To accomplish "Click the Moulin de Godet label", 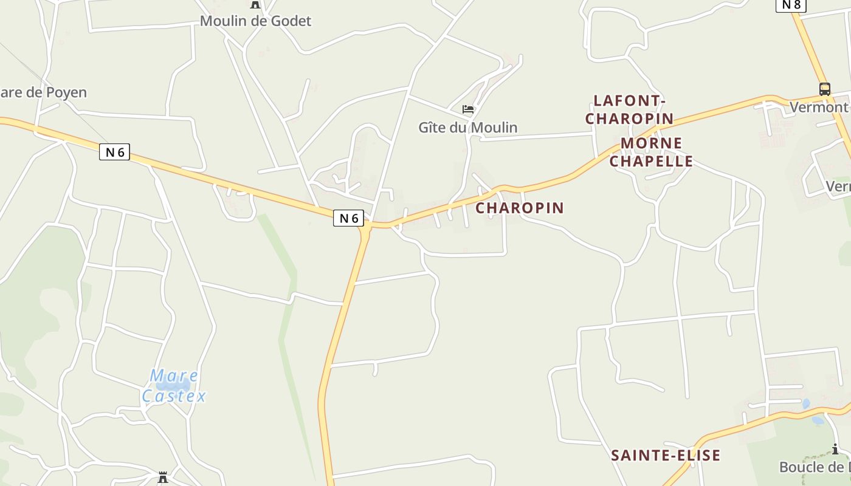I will point(255,21).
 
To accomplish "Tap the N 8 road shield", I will point(791,5).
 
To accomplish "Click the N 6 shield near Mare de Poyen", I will point(114,152).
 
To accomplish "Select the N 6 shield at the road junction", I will point(348,218).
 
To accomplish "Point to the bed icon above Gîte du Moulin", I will point(468,109).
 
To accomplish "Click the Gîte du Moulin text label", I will point(468,128).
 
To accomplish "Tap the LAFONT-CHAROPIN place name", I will point(629,109).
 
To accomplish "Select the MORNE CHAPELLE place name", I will point(651,152).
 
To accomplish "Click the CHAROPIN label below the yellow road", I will point(520,208).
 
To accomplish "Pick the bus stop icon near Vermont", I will point(825,89).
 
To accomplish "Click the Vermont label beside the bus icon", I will point(819,108).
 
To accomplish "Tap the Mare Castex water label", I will point(174,386).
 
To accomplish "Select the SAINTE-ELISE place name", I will point(666,455).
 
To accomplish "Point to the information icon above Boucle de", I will point(836,450).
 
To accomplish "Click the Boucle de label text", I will point(815,467).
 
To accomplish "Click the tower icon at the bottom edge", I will point(163,477).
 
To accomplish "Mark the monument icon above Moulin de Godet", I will point(255,4).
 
